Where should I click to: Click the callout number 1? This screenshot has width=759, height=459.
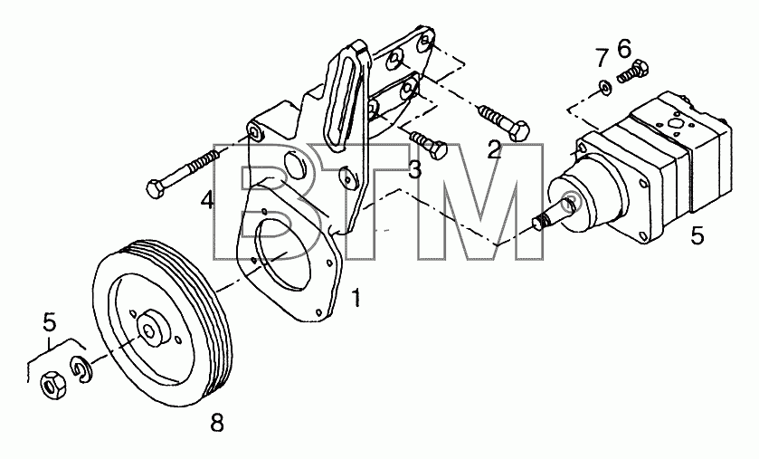click(356, 298)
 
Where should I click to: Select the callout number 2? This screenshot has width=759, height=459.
click(494, 149)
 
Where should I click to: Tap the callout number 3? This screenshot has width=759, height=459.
click(414, 169)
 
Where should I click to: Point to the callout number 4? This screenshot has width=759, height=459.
click(208, 199)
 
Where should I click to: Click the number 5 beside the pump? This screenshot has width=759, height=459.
click(697, 235)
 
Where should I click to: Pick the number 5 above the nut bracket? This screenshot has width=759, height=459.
click(50, 321)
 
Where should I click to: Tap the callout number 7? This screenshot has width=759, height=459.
click(602, 58)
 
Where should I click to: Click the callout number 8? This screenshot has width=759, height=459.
click(217, 424)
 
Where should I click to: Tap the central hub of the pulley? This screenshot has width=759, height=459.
click(150, 330)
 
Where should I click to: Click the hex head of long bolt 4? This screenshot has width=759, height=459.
click(156, 187)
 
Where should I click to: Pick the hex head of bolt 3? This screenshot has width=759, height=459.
click(439, 150)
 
